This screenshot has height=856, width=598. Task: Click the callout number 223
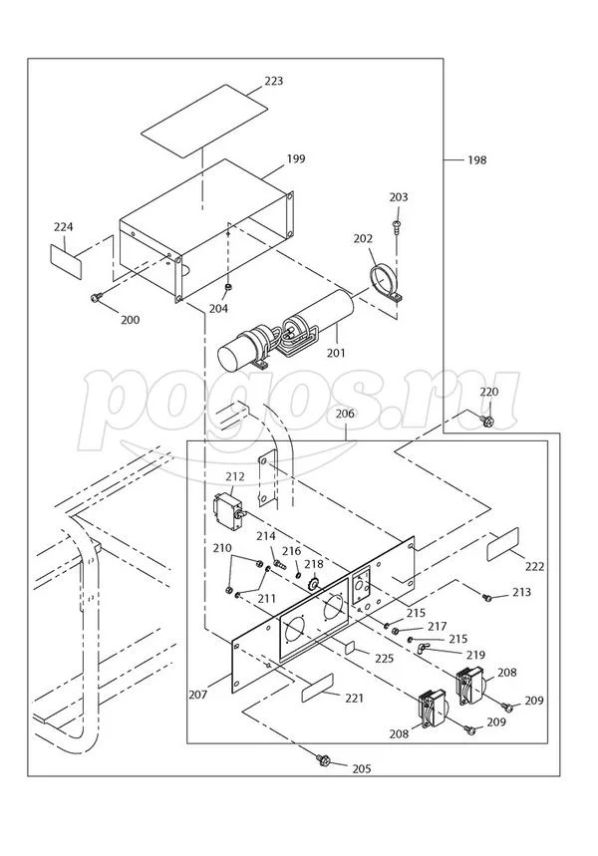273,82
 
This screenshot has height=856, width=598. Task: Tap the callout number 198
476,159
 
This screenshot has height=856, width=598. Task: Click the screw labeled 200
97,297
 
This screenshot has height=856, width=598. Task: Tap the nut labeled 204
228,288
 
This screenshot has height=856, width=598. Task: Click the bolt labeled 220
488,422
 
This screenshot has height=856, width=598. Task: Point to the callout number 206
345,412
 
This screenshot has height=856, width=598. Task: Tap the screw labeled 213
488,598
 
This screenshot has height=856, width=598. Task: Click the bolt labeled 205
324,760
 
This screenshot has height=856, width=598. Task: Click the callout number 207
197,694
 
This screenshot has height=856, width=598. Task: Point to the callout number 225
383,658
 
